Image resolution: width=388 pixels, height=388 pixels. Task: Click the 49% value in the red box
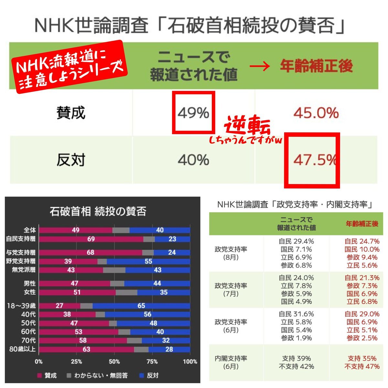click(x=193, y=113)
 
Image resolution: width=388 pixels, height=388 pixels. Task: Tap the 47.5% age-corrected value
click(x=315, y=160)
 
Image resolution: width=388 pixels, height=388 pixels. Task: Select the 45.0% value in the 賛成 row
click(x=316, y=113)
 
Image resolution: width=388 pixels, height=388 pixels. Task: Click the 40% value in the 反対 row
click(x=193, y=160)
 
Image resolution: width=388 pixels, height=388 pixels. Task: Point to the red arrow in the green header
click(x=260, y=67)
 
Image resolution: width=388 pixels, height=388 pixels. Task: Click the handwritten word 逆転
click(x=247, y=126)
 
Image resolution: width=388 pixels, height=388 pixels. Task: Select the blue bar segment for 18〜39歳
click(x=141, y=306)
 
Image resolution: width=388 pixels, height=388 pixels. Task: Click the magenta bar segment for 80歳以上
click(x=86, y=350)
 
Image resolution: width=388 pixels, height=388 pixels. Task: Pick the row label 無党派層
click(x=24, y=270)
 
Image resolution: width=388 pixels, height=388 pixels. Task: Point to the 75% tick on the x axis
click(x=152, y=361)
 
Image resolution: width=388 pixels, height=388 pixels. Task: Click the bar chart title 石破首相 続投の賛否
click(x=98, y=211)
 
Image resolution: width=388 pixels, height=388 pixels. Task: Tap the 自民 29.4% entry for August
click(x=296, y=242)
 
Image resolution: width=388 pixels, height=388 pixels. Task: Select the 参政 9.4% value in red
click(x=362, y=258)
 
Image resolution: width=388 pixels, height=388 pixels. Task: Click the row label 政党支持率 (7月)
click(x=231, y=290)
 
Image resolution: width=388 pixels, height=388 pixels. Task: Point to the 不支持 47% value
click(x=362, y=367)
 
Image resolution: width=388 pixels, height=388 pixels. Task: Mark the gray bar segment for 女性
click(x=126, y=292)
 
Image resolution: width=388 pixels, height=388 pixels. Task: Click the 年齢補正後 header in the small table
click(x=362, y=224)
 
